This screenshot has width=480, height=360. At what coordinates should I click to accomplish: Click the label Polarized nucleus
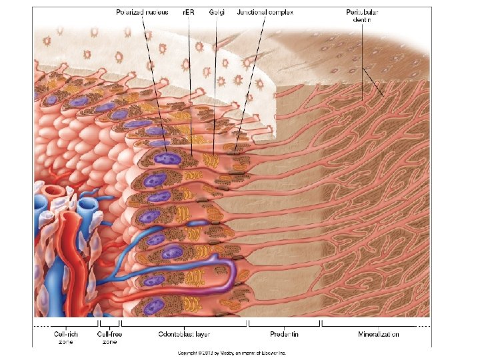[143, 12]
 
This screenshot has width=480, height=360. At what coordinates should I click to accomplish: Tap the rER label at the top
[189, 12]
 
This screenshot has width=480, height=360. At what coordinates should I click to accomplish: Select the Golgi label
[216, 12]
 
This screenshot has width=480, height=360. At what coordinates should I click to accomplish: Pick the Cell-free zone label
[109, 337]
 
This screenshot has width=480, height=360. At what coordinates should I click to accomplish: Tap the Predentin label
[283, 333]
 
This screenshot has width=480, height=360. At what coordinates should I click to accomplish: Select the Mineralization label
[378, 333]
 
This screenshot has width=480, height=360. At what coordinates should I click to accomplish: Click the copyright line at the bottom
[231, 353]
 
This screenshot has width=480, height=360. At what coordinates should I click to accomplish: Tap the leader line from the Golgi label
[215, 87]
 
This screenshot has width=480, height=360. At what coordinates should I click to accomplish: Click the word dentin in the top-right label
[361, 19]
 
